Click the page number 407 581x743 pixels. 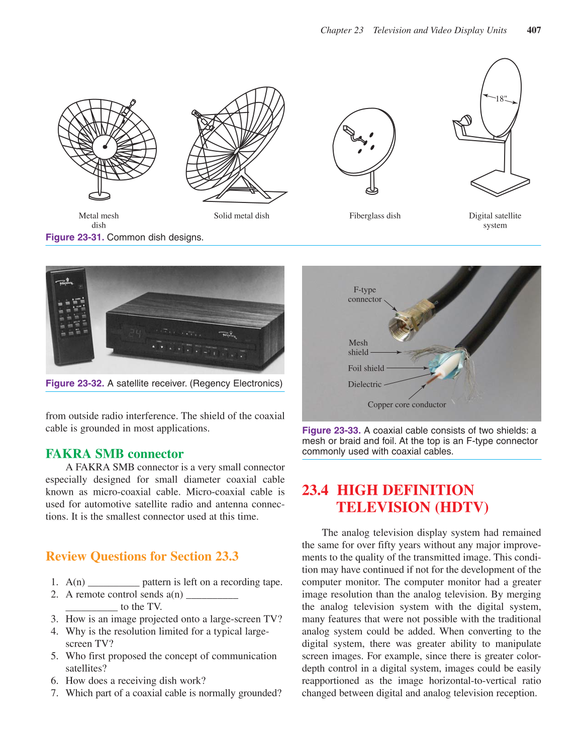coord(534,30)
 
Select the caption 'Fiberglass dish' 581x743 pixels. coord(375,216)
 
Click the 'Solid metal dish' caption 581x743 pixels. coord(241,216)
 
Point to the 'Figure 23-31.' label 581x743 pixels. coord(74,237)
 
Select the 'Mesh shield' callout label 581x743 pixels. coord(358,348)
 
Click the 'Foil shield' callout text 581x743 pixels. coord(366,368)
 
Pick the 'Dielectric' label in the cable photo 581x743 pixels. coord(364,384)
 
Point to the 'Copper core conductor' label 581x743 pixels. coord(407,405)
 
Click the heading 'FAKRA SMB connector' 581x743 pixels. coord(115,454)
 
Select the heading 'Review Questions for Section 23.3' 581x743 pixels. coord(142,557)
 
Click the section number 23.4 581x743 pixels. coord(315,490)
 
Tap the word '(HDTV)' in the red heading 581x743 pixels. coord(461,507)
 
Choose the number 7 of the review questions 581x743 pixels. coord(54,693)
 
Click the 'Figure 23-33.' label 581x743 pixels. coord(331,431)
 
